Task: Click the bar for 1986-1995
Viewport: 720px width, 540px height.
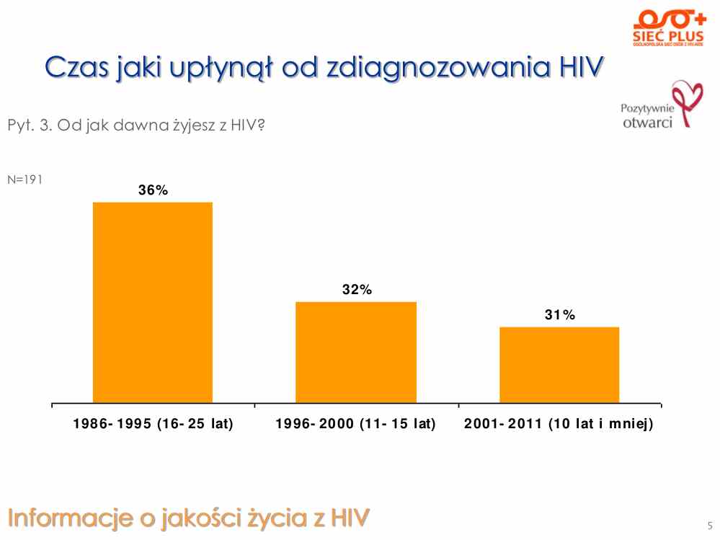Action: [x=153, y=302]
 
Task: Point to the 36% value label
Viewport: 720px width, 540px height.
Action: [x=153, y=190]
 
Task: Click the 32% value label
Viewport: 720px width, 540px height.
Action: [x=357, y=290]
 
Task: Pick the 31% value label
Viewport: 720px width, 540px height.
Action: [x=559, y=315]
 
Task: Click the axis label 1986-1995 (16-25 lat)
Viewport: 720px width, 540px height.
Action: [x=153, y=424]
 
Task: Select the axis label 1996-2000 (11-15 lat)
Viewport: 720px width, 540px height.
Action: [x=356, y=424]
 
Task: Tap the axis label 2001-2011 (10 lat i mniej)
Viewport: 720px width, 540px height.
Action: [x=559, y=424]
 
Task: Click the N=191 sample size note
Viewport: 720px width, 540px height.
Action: [x=25, y=180]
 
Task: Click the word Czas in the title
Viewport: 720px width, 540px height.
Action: [x=76, y=68]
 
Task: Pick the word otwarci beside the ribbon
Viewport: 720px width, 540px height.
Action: [x=647, y=122]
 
